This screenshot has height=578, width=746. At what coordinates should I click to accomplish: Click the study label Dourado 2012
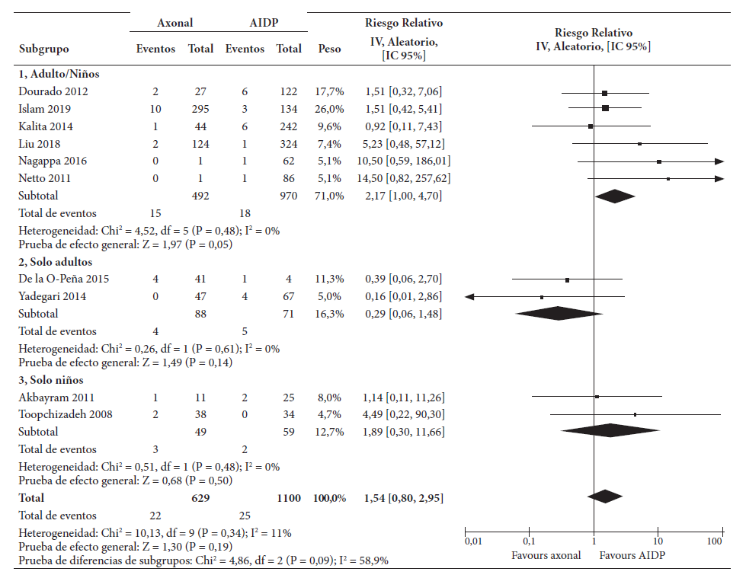(53, 92)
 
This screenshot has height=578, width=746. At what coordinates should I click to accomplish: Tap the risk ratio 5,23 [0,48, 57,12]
(403, 142)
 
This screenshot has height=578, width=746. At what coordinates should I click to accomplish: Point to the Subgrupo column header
(43, 49)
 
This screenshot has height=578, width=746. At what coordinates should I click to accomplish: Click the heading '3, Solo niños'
(51, 379)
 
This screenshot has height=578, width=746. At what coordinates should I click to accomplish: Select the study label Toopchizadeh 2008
(66, 414)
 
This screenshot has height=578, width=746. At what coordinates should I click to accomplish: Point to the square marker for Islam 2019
(605, 108)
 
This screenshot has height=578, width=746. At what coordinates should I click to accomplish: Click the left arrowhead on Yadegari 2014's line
(469, 296)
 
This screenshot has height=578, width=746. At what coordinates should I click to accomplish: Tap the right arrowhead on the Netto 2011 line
(719, 178)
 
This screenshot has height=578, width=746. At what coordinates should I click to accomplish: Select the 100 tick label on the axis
(714, 541)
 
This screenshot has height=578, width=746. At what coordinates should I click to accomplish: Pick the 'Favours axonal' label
(546, 555)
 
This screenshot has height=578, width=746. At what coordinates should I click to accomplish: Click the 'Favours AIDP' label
(632, 555)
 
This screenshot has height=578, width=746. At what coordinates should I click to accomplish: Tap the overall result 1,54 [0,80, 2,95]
(403, 498)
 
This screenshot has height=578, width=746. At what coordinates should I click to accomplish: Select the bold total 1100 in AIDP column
(289, 498)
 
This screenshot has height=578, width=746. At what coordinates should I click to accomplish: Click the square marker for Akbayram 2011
(597, 397)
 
